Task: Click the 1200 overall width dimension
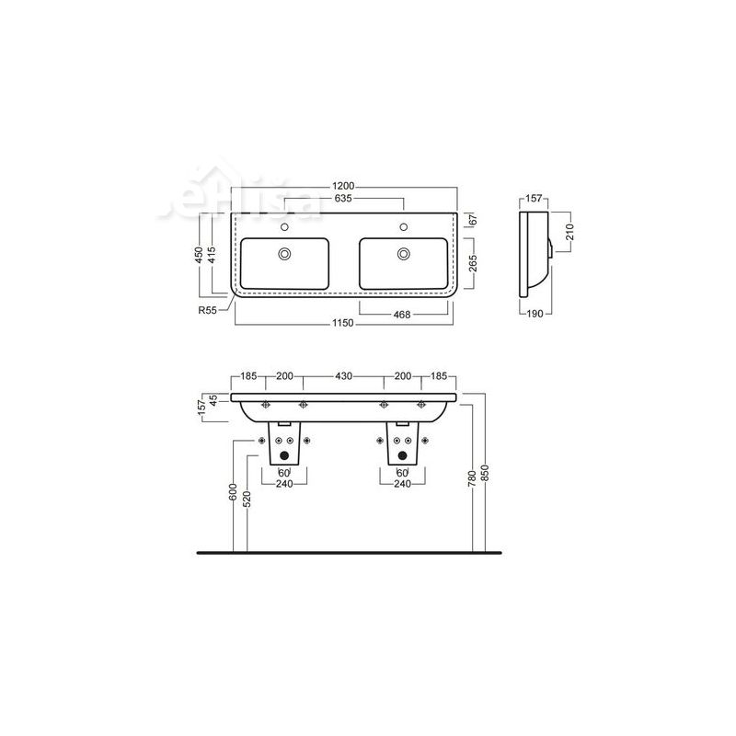click(x=343, y=187)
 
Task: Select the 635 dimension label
click(x=344, y=199)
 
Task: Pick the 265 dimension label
click(x=471, y=267)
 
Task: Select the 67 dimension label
click(x=471, y=220)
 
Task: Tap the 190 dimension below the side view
click(x=535, y=313)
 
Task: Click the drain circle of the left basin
click(x=284, y=254)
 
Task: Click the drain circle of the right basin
click(x=403, y=254)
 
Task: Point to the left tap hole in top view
click(x=284, y=226)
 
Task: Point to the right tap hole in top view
click(x=403, y=226)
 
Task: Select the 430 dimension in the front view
click(x=343, y=377)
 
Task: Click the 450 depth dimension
click(x=200, y=255)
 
